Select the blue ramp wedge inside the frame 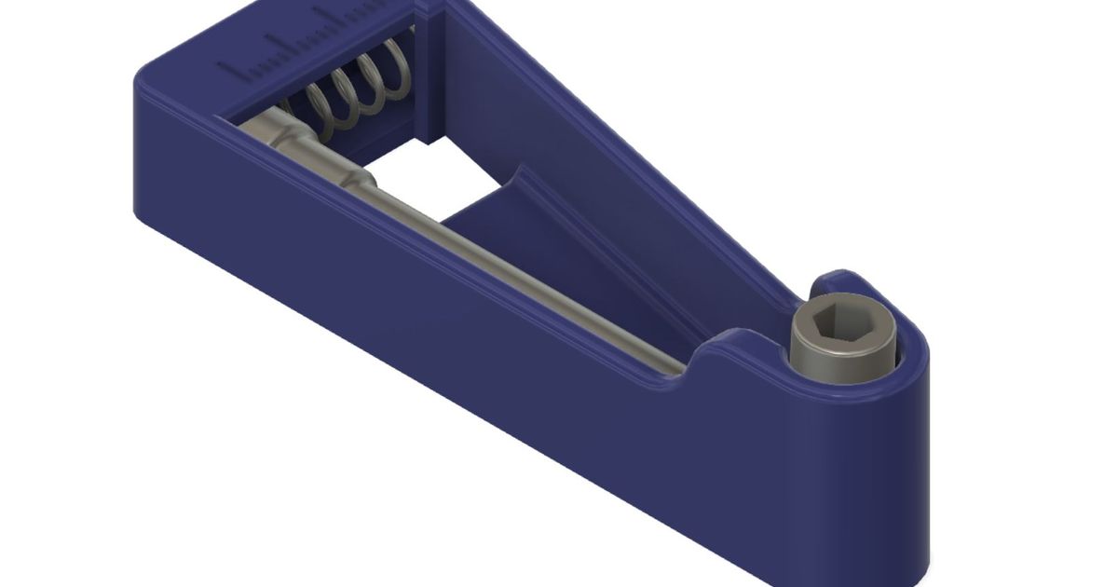pos(522,224)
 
